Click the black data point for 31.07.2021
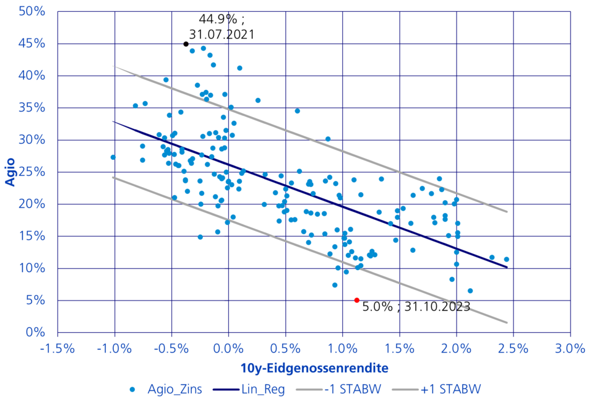186,44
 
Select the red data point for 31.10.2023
356,300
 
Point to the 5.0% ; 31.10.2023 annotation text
416,306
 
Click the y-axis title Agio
11,172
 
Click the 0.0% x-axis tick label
228,348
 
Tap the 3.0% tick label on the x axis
570,348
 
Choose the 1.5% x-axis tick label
399,348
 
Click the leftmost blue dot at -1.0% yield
113,157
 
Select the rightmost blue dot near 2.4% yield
506,260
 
